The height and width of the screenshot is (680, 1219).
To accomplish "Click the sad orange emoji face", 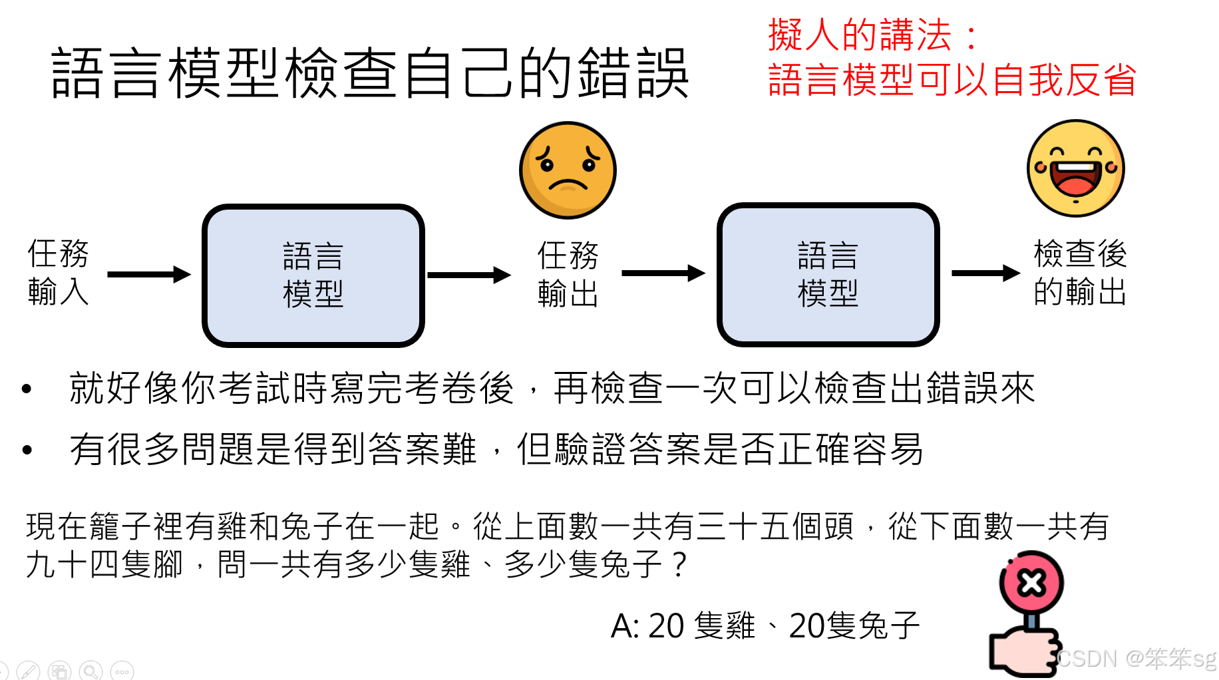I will coord(568,170).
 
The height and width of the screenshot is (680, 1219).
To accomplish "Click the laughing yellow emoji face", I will coord(1075,168).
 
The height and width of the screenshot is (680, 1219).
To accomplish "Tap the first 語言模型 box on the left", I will coord(313,275).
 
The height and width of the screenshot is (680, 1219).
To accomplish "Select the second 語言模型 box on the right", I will coord(828,275).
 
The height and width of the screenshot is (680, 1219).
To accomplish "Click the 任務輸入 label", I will coord(58,273).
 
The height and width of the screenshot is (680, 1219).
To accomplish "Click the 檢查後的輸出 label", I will coord(1079,273).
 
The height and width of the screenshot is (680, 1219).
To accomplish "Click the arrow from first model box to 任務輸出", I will coord(468,275).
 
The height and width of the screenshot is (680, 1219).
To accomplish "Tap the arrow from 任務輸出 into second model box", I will coord(663,273).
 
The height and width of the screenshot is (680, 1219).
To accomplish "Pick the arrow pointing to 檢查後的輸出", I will coord(985,273).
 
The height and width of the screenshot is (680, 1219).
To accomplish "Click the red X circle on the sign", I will coord(1031,584).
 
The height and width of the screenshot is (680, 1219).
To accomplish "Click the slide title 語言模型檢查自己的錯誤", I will coord(369,73).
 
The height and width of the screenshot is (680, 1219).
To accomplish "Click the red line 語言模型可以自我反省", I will coord(952,80).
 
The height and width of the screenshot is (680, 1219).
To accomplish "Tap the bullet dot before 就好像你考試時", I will coord(27,389).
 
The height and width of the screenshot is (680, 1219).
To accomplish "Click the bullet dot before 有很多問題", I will coord(27,450).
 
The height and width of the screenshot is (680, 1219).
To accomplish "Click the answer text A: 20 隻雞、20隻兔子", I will coord(765,626).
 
